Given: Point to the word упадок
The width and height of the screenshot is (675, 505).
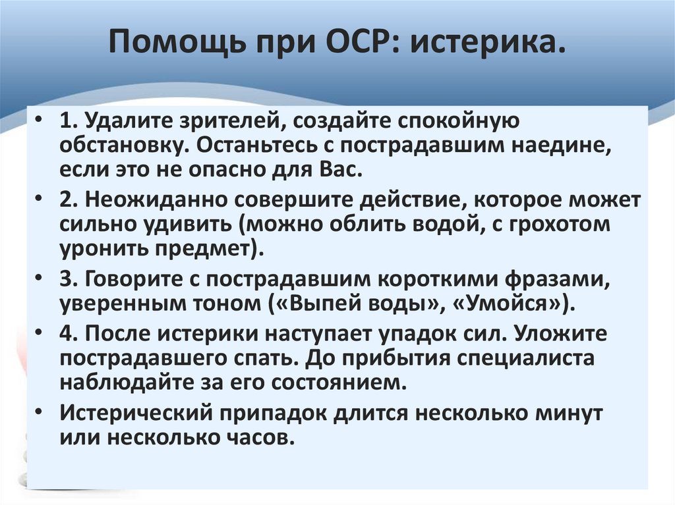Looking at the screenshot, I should [415, 334].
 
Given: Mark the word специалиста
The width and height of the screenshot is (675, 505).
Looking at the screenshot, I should [534, 358].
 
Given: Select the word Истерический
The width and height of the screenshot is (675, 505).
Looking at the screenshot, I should [135, 413].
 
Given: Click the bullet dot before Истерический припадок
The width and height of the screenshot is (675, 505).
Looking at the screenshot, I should [41, 413].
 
